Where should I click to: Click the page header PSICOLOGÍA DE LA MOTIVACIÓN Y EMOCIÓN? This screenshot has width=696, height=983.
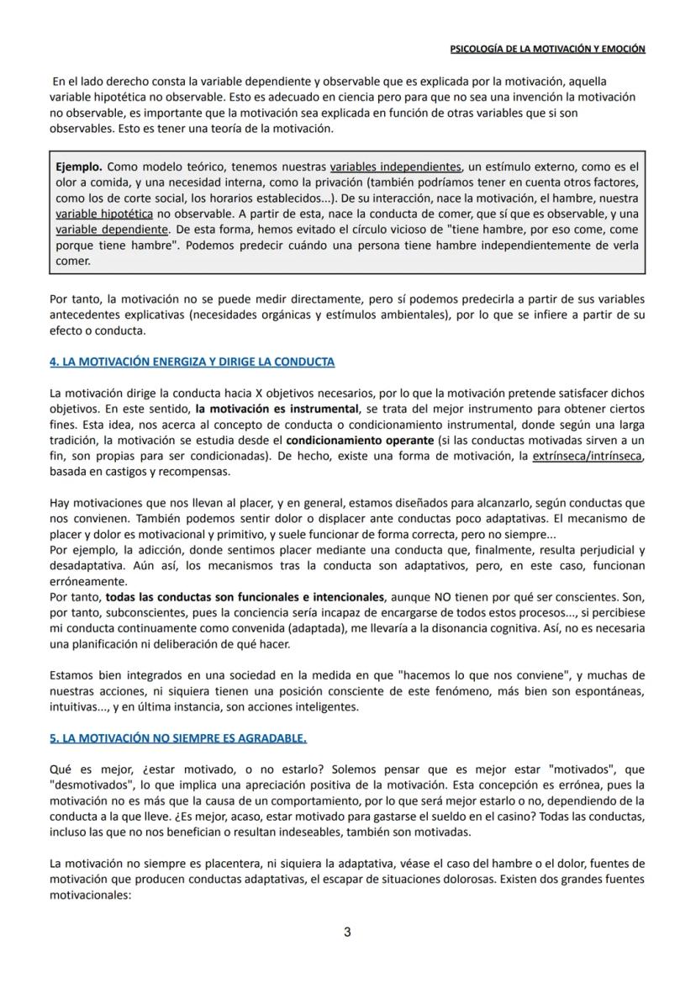coord(547,49)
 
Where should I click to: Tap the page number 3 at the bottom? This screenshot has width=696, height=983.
coord(347,932)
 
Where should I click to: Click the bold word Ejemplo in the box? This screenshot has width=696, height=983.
coord(79,166)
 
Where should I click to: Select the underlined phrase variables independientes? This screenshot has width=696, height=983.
coord(395,166)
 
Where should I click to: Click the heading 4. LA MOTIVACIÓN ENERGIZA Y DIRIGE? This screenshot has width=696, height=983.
coord(192,362)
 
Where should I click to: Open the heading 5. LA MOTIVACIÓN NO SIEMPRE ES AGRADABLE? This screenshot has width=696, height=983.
coord(178,738)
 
